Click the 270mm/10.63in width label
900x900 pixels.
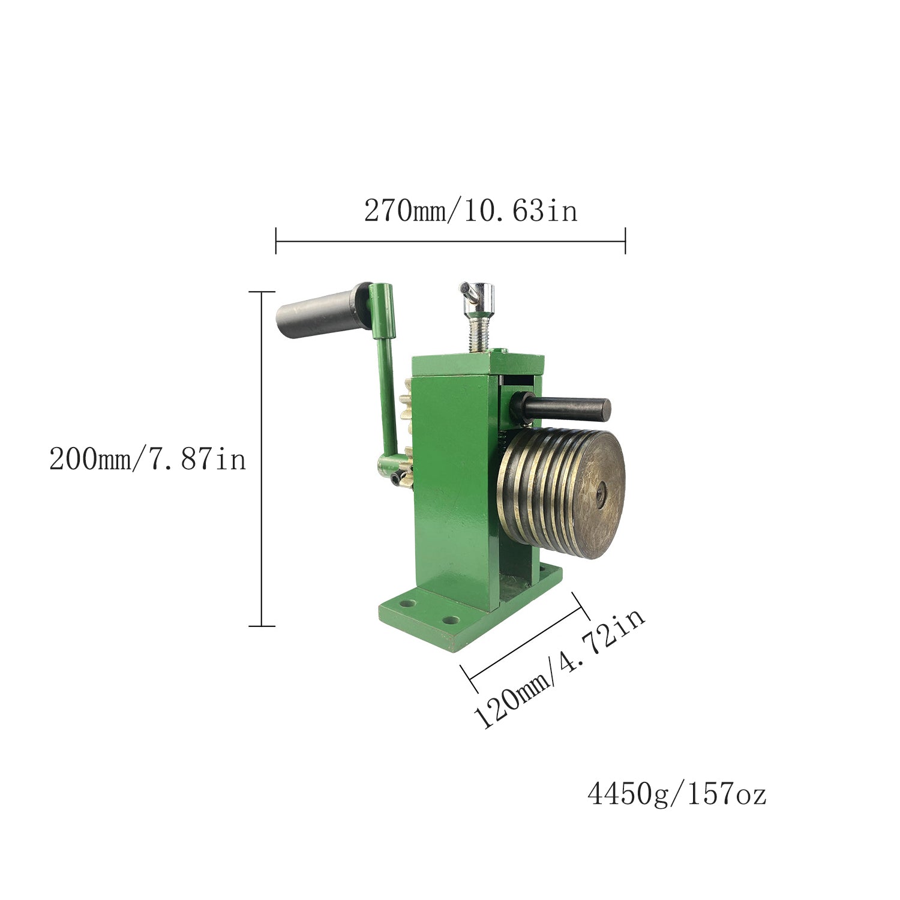tap(471, 211)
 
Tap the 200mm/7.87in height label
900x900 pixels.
tap(148, 460)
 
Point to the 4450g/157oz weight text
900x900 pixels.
tap(677, 794)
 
